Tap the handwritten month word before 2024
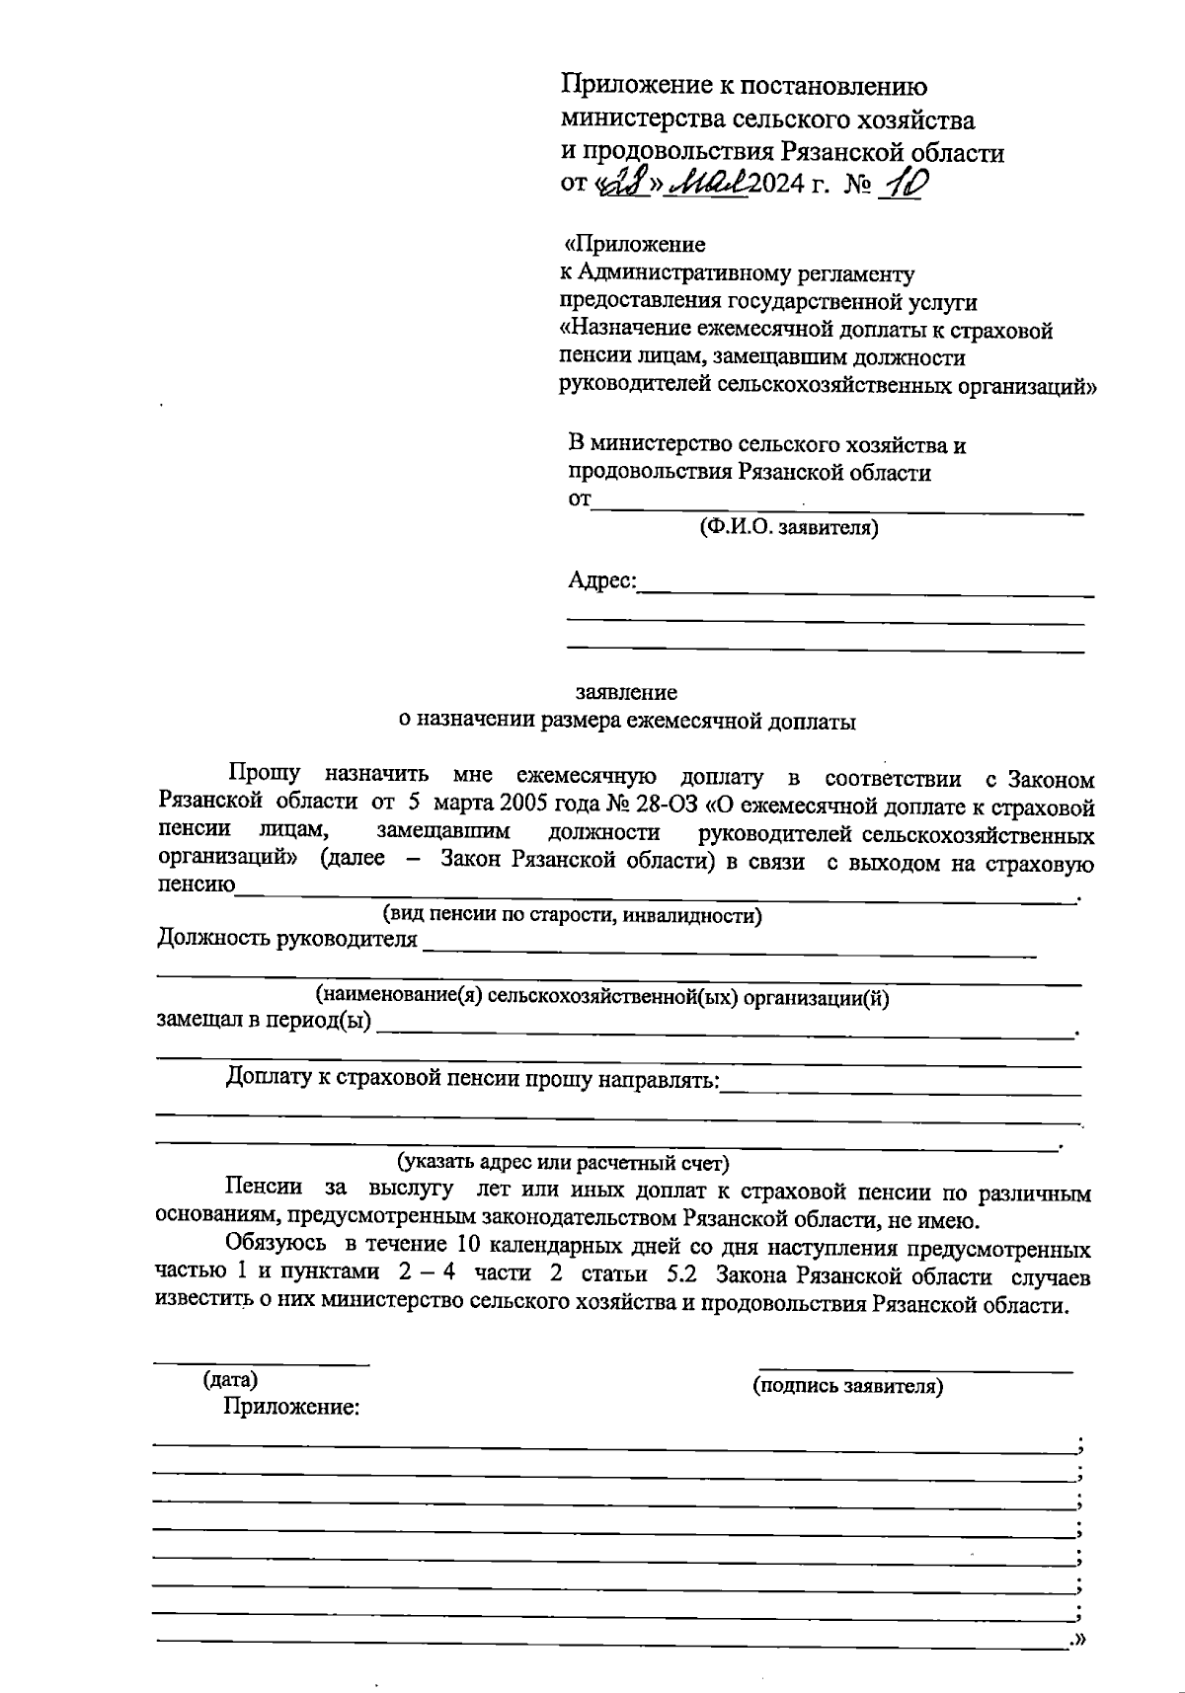(x=709, y=184)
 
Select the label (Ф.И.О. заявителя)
(x=788, y=528)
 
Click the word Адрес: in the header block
(x=602, y=580)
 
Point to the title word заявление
(x=626, y=692)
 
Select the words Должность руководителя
(x=286, y=939)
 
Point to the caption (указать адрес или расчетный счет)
(x=562, y=1162)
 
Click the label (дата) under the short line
(x=229, y=1380)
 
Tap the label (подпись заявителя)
(x=847, y=1386)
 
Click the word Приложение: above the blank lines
(x=290, y=1407)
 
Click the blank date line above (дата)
(x=261, y=1364)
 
